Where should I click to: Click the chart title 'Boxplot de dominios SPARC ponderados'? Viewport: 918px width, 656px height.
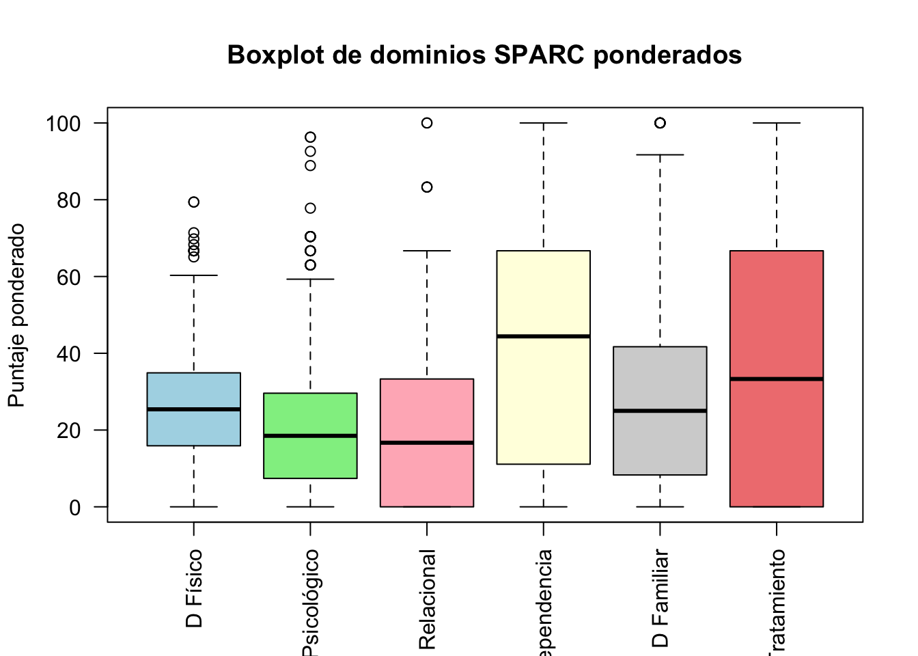484,55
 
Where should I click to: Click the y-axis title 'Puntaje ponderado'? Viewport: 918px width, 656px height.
16,315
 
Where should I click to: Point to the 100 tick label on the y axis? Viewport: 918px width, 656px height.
64,124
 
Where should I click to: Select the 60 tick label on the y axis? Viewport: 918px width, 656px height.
68,277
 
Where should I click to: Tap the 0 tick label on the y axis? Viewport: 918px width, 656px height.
74,508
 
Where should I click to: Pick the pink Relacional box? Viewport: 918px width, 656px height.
427,478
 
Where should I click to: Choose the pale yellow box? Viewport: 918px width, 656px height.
543,396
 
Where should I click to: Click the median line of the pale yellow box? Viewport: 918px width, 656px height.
543,336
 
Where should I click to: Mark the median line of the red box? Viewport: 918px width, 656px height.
777,379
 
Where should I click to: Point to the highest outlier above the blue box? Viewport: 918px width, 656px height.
193,202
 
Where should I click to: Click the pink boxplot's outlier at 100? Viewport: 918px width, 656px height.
427,123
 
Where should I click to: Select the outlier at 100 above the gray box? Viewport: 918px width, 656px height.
660,123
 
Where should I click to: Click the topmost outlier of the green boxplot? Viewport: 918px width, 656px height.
310,137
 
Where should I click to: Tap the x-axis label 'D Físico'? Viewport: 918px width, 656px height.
194,588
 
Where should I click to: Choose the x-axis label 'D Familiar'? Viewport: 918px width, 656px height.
660,598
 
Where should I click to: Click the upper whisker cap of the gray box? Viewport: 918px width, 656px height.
660,155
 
